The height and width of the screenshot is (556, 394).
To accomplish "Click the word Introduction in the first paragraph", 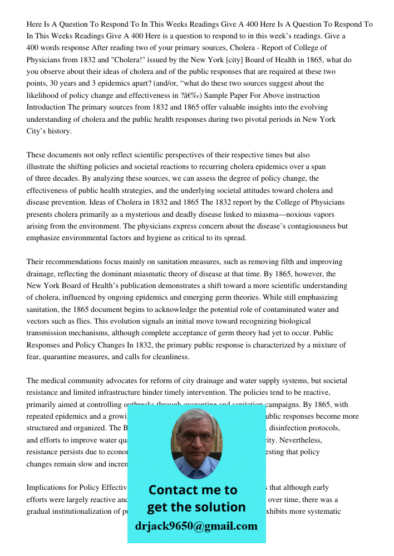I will tap(46, 107).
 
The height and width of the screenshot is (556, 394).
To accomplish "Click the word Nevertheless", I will tap(299, 440).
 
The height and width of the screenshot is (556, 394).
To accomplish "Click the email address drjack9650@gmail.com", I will tap(196, 526).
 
